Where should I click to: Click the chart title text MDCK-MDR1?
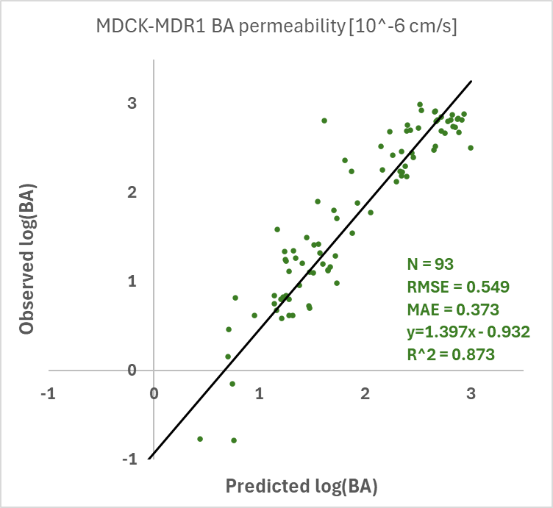(151, 26)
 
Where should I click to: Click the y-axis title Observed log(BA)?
(26, 259)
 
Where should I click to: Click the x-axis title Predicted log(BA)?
(302, 487)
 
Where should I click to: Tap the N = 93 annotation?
(430, 264)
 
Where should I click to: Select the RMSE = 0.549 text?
(458, 287)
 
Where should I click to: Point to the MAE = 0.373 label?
(453, 310)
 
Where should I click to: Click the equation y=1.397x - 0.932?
(468, 332)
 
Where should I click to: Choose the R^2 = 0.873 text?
(451, 354)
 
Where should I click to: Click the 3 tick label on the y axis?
(132, 103)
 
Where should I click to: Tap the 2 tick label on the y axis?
(132, 192)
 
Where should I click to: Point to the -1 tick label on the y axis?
(129, 459)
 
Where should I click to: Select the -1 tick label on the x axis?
(49, 393)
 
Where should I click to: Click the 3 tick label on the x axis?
(471, 393)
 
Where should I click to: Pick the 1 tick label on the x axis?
(259, 393)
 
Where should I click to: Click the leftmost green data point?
(200, 439)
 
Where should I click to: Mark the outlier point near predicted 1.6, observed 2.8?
(324, 121)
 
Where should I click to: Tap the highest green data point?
(420, 104)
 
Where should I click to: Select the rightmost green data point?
(471, 148)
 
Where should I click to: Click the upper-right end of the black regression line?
(471, 81)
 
